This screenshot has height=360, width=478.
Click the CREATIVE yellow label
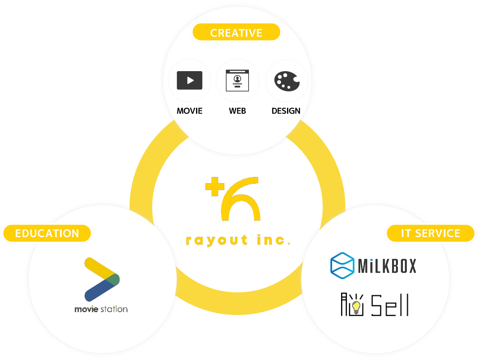click(x=236, y=33)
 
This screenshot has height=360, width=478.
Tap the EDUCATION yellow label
click(x=47, y=233)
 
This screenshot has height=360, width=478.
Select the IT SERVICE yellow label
click(x=431, y=233)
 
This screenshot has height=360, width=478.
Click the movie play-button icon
click(x=189, y=80)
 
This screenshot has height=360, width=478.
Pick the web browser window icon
click(x=237, y=80)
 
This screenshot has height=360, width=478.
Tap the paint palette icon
click(x=287, y=81)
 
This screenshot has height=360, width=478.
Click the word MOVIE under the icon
click(x=189, y=111)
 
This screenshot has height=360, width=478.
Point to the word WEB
click(x=237, y=111)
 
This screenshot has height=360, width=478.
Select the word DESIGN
click(x=286, y=111)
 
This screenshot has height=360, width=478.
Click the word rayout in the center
click(x=217, y=241)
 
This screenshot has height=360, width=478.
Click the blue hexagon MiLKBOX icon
click(x=342, y=266)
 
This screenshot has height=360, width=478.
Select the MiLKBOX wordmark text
click(x=387, y=266)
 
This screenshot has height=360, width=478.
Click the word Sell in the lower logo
click(x=389, y=305)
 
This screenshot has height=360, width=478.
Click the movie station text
click(x=101, y=309)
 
